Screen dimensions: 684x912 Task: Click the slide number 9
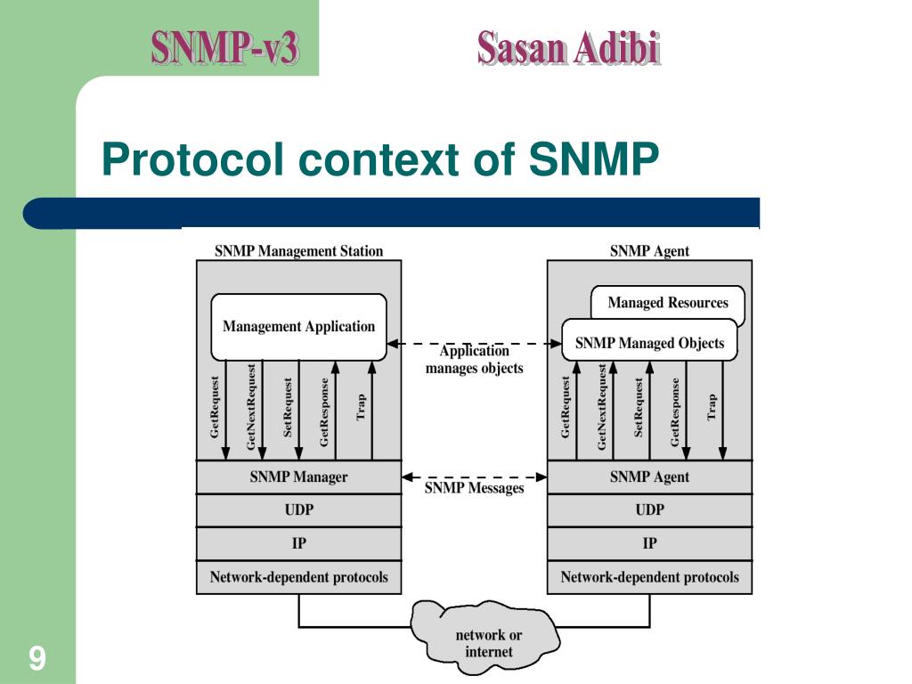(x=37, y=659)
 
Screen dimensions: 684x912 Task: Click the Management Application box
(x=298, y=327)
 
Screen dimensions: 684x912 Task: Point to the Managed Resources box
(x=668, y=303)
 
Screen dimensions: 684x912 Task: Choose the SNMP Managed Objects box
(x=649, y=343)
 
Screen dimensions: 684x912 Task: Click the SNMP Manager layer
(x=298, y=477)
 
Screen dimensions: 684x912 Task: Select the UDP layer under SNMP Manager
(x=298, y=510)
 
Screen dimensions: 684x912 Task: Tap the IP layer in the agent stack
(x=649, y=543)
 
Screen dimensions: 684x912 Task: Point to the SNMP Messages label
(x=474, y=488)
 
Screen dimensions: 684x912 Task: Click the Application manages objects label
(x=474, y=360)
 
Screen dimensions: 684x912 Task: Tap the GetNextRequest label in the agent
(x=603, y=406)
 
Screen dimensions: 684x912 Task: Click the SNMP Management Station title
(x=298, y=251)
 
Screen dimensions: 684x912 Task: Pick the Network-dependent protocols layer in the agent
(x=649, y=577)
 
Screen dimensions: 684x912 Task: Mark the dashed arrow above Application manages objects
(x=474, y=343)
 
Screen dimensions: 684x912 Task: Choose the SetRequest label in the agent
(x=639, y=406)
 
